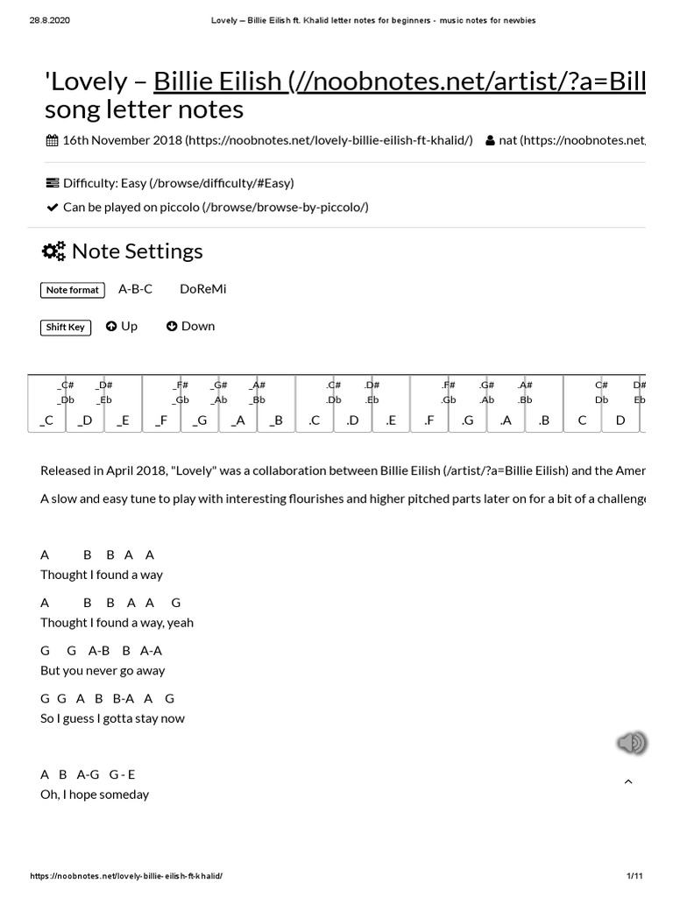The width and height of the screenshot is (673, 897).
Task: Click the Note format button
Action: [x=73, y=290]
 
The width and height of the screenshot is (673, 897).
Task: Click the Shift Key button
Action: [x=66, y=327]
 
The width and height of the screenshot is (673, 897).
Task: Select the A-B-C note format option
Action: [x=135, y=289]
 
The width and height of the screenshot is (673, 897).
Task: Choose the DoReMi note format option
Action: [x=202, y=289]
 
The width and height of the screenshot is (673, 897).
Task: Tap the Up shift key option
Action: [x=122, y=326]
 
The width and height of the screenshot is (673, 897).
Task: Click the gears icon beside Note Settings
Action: [x=53, y=251]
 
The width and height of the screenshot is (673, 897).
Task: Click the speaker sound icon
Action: [x=631, y=743]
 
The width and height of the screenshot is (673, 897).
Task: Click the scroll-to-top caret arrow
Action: [x=628, y=781]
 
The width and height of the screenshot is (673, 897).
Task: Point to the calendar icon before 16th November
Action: [x=52, y=140]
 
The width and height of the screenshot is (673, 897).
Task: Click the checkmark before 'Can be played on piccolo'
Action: [x=51, y=207]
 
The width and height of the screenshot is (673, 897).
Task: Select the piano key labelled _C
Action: [x=46, y=420]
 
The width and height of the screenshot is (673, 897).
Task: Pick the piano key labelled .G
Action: [x=467, y=420]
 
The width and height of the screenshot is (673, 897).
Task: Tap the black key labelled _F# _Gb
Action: [x=181, y=392]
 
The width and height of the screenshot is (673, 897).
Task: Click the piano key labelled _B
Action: [x=276, y=420]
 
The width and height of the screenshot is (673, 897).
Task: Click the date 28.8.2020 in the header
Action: [x=49, y=20]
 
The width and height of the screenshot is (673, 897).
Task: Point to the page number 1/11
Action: [x=635, y=876]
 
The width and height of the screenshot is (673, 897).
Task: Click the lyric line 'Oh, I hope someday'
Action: [x=95, y=795]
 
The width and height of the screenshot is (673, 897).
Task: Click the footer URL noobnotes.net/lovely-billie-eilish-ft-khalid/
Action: [x=126, y=876]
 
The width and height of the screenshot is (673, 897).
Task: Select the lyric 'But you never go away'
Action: [x=103, y=670]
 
